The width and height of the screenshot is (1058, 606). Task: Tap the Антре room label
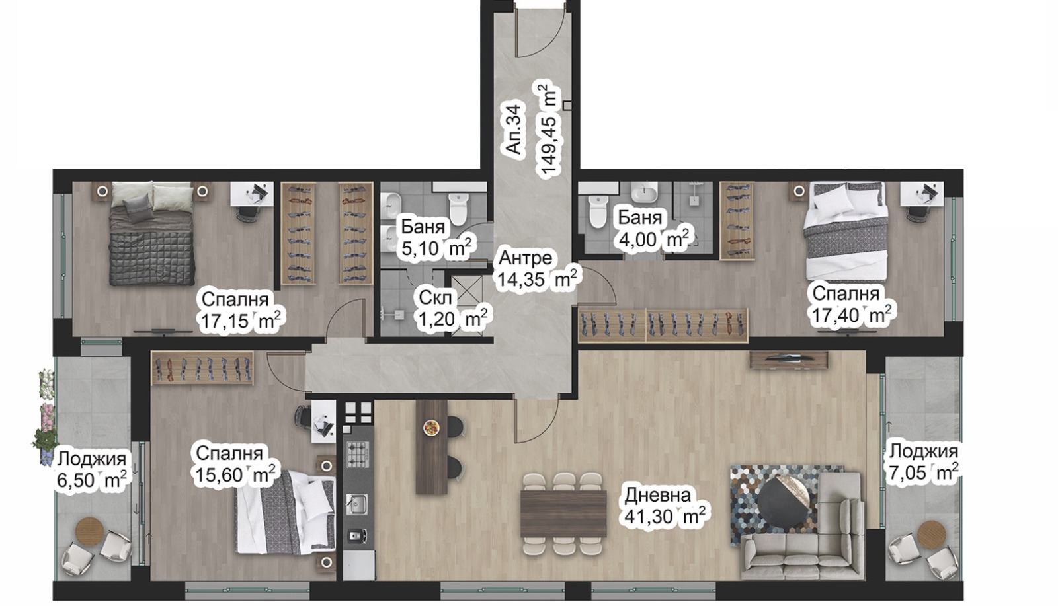point(525,257)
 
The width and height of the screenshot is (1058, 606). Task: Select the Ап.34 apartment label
point(515,128)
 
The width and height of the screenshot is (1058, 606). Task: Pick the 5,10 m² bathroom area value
point(436,248)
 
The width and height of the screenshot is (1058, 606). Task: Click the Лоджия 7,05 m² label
point(923,462)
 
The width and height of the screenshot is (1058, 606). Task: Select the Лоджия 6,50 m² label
point(91,469)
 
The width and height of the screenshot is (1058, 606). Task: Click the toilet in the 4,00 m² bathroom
point(598,211)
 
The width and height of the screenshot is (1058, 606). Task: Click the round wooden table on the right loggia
point(930,532)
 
